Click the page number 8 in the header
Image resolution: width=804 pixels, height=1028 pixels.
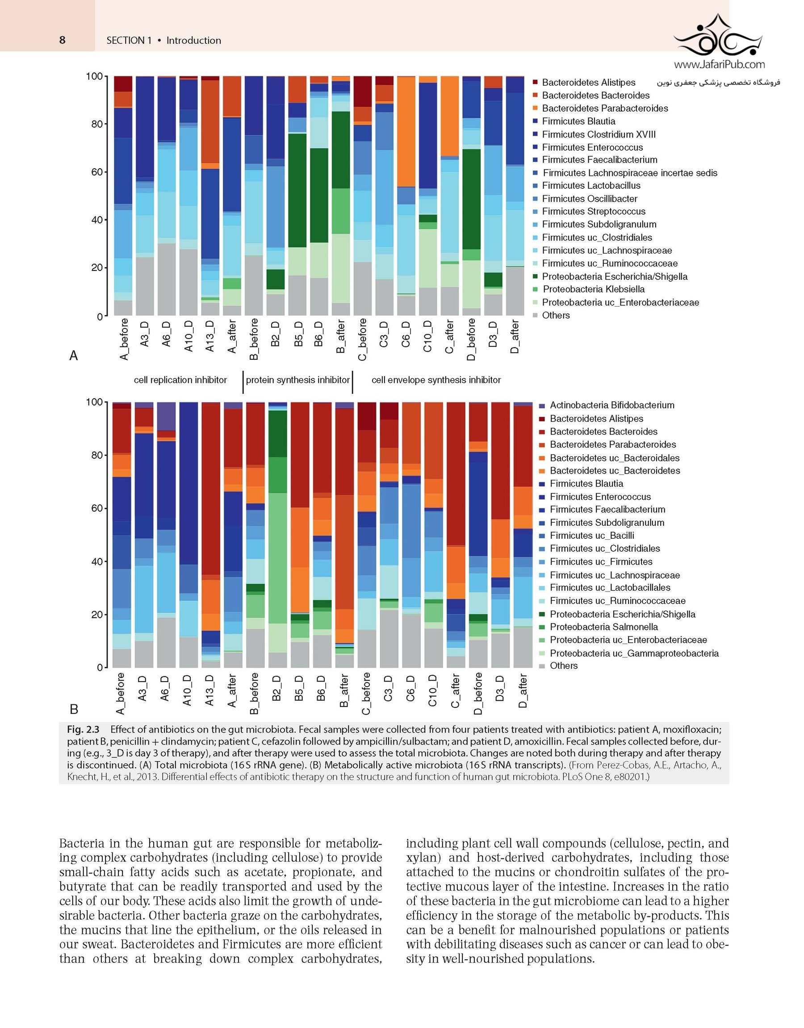pyautogui.click(x=62, y=40)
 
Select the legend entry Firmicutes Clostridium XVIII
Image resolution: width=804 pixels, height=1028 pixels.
pyautogui.click(x=598, y=134)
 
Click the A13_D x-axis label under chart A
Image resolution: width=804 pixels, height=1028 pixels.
pyautogui.click(x=210, y=336)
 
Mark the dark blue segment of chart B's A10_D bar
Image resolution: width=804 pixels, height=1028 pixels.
pyautogui.click(x=188, y=483)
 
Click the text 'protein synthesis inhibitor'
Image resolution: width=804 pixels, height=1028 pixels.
pyautogui.click(x=297, y=380)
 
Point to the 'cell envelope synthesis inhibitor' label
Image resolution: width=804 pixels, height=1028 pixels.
pyautogui.click(x=436, y=380)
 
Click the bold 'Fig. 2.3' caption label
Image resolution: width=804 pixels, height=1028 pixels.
pyautogui.click(x=83, y=729)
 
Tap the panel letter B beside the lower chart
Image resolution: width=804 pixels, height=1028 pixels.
pyautogui.click(x=74, y=709)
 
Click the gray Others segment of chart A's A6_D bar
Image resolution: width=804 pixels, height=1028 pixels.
pyautogui.click(x=167, y=279)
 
